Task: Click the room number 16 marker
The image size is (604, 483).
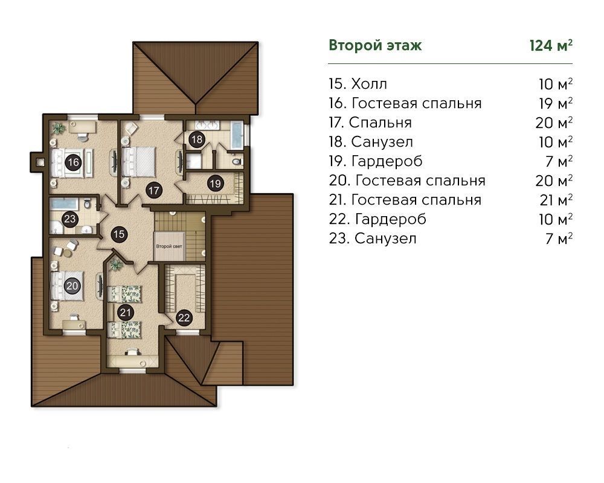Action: click(x=73, y=162)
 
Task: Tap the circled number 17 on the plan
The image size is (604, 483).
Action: click(x=153, y=190)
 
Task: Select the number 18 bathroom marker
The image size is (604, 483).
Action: click(x=197, y=139)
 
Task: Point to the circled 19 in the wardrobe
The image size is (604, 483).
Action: click(x=215, y=184)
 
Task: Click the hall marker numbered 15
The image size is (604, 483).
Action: click(x=119, y=234)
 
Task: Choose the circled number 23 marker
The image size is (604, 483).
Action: click(x=69, y=219)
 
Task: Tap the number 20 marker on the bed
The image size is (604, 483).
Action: click(x=72, y=286)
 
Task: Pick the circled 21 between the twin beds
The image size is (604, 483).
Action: click(x=126, y=312)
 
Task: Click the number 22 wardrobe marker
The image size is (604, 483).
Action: click(x=184, y=318)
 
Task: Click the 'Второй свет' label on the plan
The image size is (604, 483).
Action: click(x=169, y=246)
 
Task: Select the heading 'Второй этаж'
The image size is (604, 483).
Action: click(x=375, y=45)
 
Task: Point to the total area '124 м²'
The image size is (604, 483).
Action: click(x=551, y=45)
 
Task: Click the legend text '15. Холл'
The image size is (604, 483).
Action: click(x=358, y=84)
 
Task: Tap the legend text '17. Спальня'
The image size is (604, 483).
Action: click(x=370, y=123)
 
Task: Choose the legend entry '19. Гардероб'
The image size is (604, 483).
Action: click(x=376, y=161)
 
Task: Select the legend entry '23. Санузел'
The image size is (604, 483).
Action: click(x=373, y=238)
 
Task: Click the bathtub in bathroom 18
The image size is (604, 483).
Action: click(x=236, y=136)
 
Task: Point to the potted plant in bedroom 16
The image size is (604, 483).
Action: click(x=58, y=127)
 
